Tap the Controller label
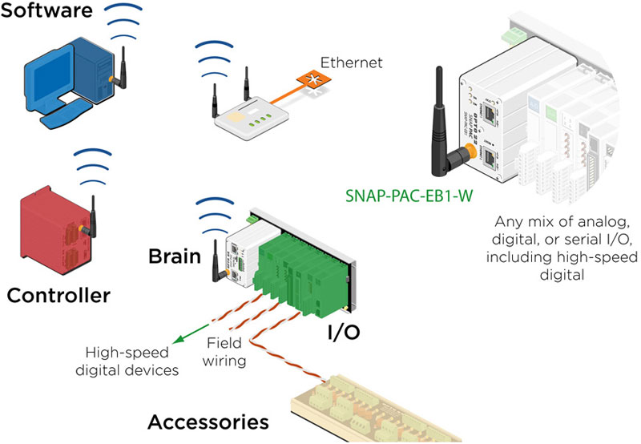(58, 296)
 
